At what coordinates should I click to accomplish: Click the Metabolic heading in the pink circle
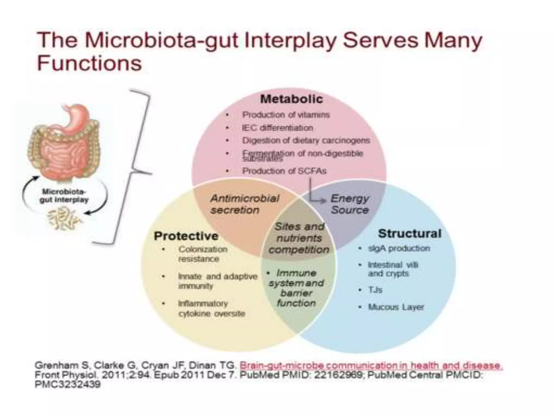point(291,99)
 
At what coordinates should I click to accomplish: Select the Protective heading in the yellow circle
point(186,236)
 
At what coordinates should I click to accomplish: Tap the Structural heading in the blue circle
point(409,233)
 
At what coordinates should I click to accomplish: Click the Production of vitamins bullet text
point(286,115)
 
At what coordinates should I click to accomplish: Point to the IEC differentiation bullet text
point(277,128)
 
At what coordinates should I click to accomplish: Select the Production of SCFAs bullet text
point(284,171)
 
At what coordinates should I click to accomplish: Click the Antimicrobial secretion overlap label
point(244,204)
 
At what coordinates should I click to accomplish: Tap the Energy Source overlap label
point(350,204)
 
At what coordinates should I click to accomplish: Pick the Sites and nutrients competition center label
point(299,238)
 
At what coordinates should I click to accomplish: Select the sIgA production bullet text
point(399,248)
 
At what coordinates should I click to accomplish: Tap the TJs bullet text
point(375,290)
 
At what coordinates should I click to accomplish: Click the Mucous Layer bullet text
point(396,307)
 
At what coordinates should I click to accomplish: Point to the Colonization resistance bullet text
point(203,254)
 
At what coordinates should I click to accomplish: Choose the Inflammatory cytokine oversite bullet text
point(211,308)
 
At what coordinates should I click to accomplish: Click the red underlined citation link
point(371,365)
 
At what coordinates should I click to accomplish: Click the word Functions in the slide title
point(89,63)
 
